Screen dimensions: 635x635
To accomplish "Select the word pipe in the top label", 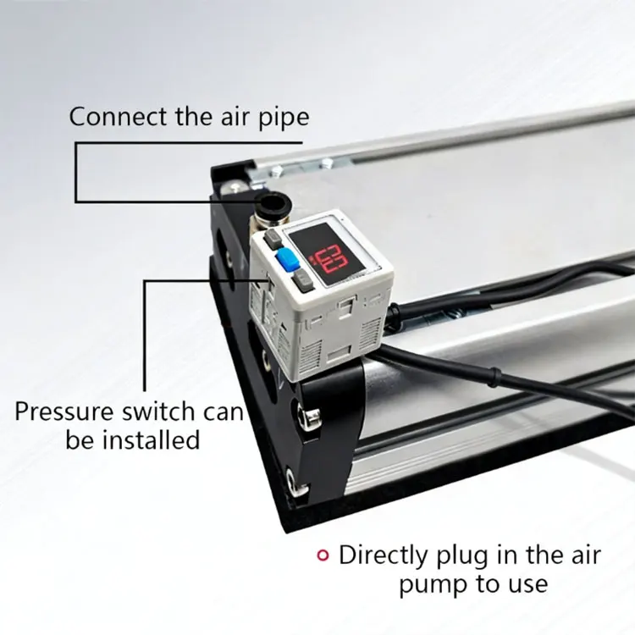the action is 284,119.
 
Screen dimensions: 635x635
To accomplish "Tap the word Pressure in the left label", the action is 64,411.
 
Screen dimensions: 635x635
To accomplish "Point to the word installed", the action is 151,439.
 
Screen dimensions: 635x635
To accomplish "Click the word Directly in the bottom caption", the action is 383,556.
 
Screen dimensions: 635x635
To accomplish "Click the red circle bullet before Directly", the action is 323,555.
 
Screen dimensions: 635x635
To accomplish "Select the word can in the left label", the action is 224,412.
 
